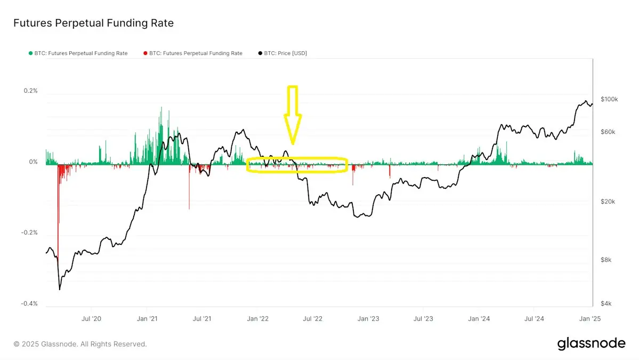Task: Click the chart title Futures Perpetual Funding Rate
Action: (93, 23)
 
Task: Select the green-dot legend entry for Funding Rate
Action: (78, 53)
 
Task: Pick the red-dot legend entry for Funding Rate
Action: (192, 53)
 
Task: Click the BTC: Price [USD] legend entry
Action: (282, 53)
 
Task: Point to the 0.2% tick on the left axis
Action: (31, 91)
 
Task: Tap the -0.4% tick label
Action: (30, 303)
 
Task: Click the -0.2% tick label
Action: (30, 233)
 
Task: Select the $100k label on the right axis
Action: (609, 99)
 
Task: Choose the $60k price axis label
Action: (608, 132)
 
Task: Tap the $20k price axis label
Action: (608, 202)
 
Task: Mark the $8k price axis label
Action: (606, 260)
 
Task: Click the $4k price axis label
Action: (606, 303)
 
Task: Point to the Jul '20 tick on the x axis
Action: (92, 319)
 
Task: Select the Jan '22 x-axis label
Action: (258, 319)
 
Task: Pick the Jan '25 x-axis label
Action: (588, 319)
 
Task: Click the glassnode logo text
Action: (591, 343)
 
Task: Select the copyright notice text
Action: (80, 344)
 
